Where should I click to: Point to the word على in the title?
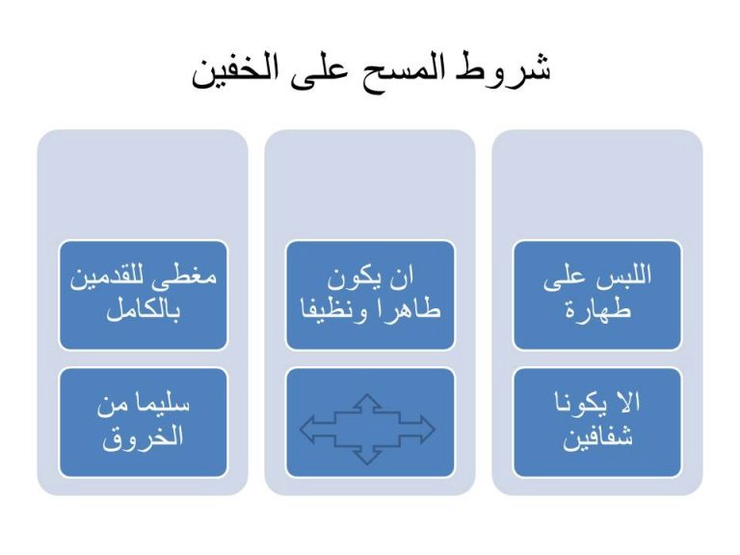tap(320, 70)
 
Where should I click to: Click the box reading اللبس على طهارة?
tap(597, 296)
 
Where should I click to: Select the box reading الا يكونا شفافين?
tap(597, 422)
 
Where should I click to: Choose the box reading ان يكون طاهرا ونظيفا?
tap(370, 296)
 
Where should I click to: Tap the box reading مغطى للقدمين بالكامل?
tap(143, 296)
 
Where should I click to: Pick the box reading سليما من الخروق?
tap(143, 422)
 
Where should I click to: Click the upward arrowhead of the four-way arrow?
tap(367, 401)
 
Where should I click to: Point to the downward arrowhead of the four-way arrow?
tap(367, 457)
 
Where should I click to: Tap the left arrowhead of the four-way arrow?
tap(308, 429)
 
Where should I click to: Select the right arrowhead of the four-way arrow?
tap(426, 429)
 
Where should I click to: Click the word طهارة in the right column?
tap(598, 310)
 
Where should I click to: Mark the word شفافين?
tap(597, 437)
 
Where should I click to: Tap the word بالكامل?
tap(143, 310)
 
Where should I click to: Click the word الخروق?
tap(143, 437)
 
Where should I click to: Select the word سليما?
tap(162, 404)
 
